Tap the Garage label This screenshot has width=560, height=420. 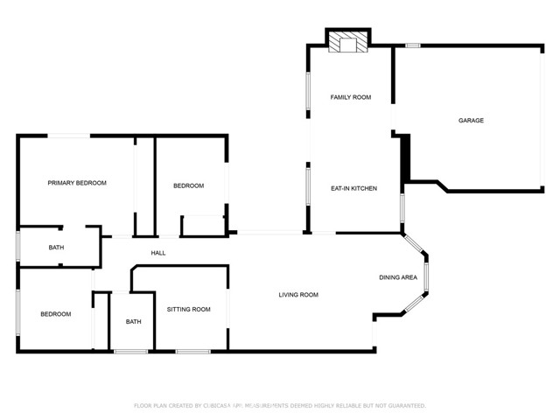(x=471, y=121)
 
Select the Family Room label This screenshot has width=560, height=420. (x=350, y=97)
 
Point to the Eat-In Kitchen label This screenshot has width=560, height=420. (x=353, y=188)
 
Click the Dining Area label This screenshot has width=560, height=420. (x=397, y=277)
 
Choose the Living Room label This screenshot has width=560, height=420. (x=298, y=295)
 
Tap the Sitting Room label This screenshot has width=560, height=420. (x=189, y=309)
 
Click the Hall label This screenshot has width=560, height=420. (x=158, y=253)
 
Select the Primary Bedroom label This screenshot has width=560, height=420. (x=77, y=183)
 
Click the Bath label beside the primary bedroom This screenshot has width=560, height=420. (x=56, y=248)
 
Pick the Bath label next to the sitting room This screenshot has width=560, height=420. (x=133, y=321)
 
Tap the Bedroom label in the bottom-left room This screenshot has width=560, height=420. (x=55, y=313)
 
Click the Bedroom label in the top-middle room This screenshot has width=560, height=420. (x=188, y=185)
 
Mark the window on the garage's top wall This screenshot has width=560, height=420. (x=412, y=45)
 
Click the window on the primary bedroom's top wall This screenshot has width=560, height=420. (x=67, y=136)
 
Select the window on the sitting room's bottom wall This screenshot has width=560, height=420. (x=192, y=352)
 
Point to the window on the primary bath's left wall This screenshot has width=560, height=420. (x=18, y=247)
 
